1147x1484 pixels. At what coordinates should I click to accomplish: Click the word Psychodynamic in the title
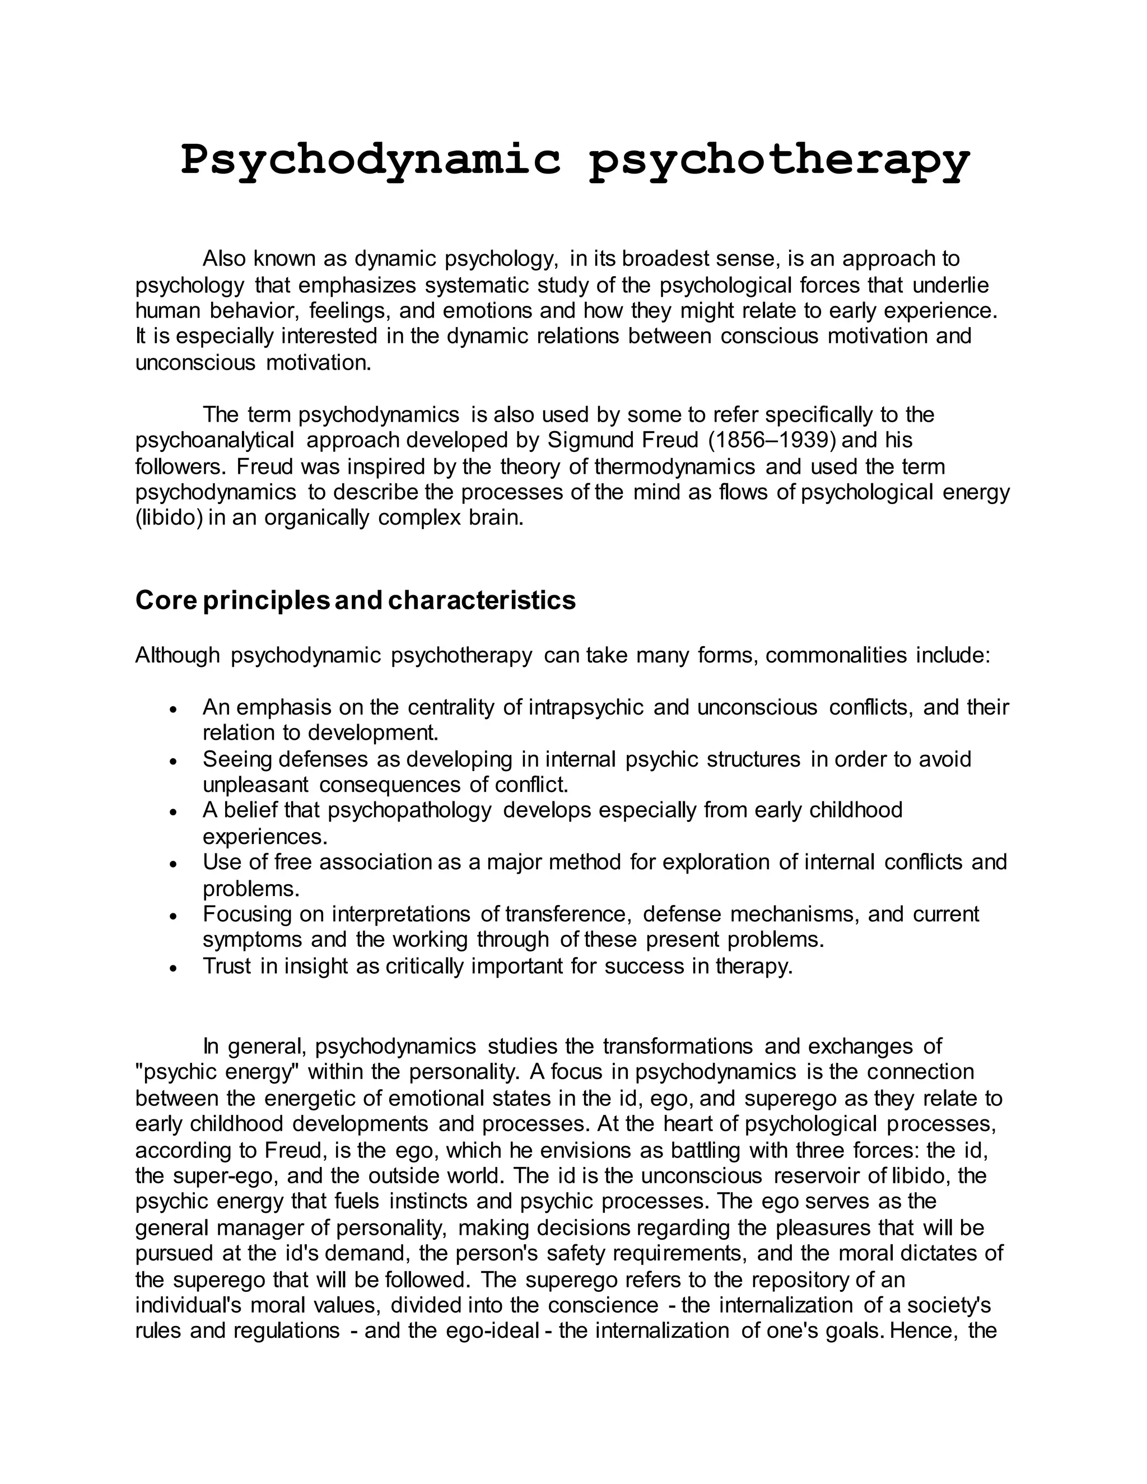click(371, 160)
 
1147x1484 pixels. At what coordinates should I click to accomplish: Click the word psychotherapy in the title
click(780, 160)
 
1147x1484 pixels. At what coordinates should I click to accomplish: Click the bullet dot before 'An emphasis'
click(174, 710)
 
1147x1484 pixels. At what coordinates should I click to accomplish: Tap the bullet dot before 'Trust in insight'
click(174, 968)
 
